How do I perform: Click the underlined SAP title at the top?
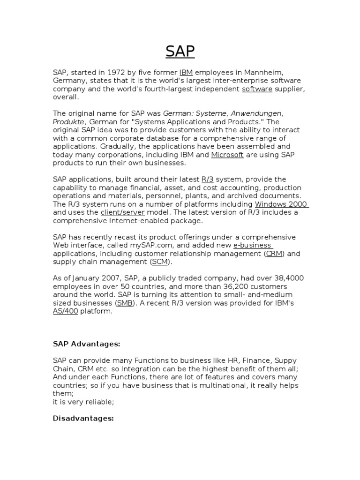click(180, 51)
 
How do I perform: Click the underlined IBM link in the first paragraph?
click(186, 72)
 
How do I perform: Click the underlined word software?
click(257, 89)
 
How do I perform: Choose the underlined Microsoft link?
click(227, 155)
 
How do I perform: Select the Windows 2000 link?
click(281, 204)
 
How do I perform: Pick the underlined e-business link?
click(252, 246)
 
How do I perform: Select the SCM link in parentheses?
click(160, 262)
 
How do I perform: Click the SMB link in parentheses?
click(125, 303)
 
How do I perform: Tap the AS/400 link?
click(66, 311)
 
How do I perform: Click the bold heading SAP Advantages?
click(87, 344)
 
